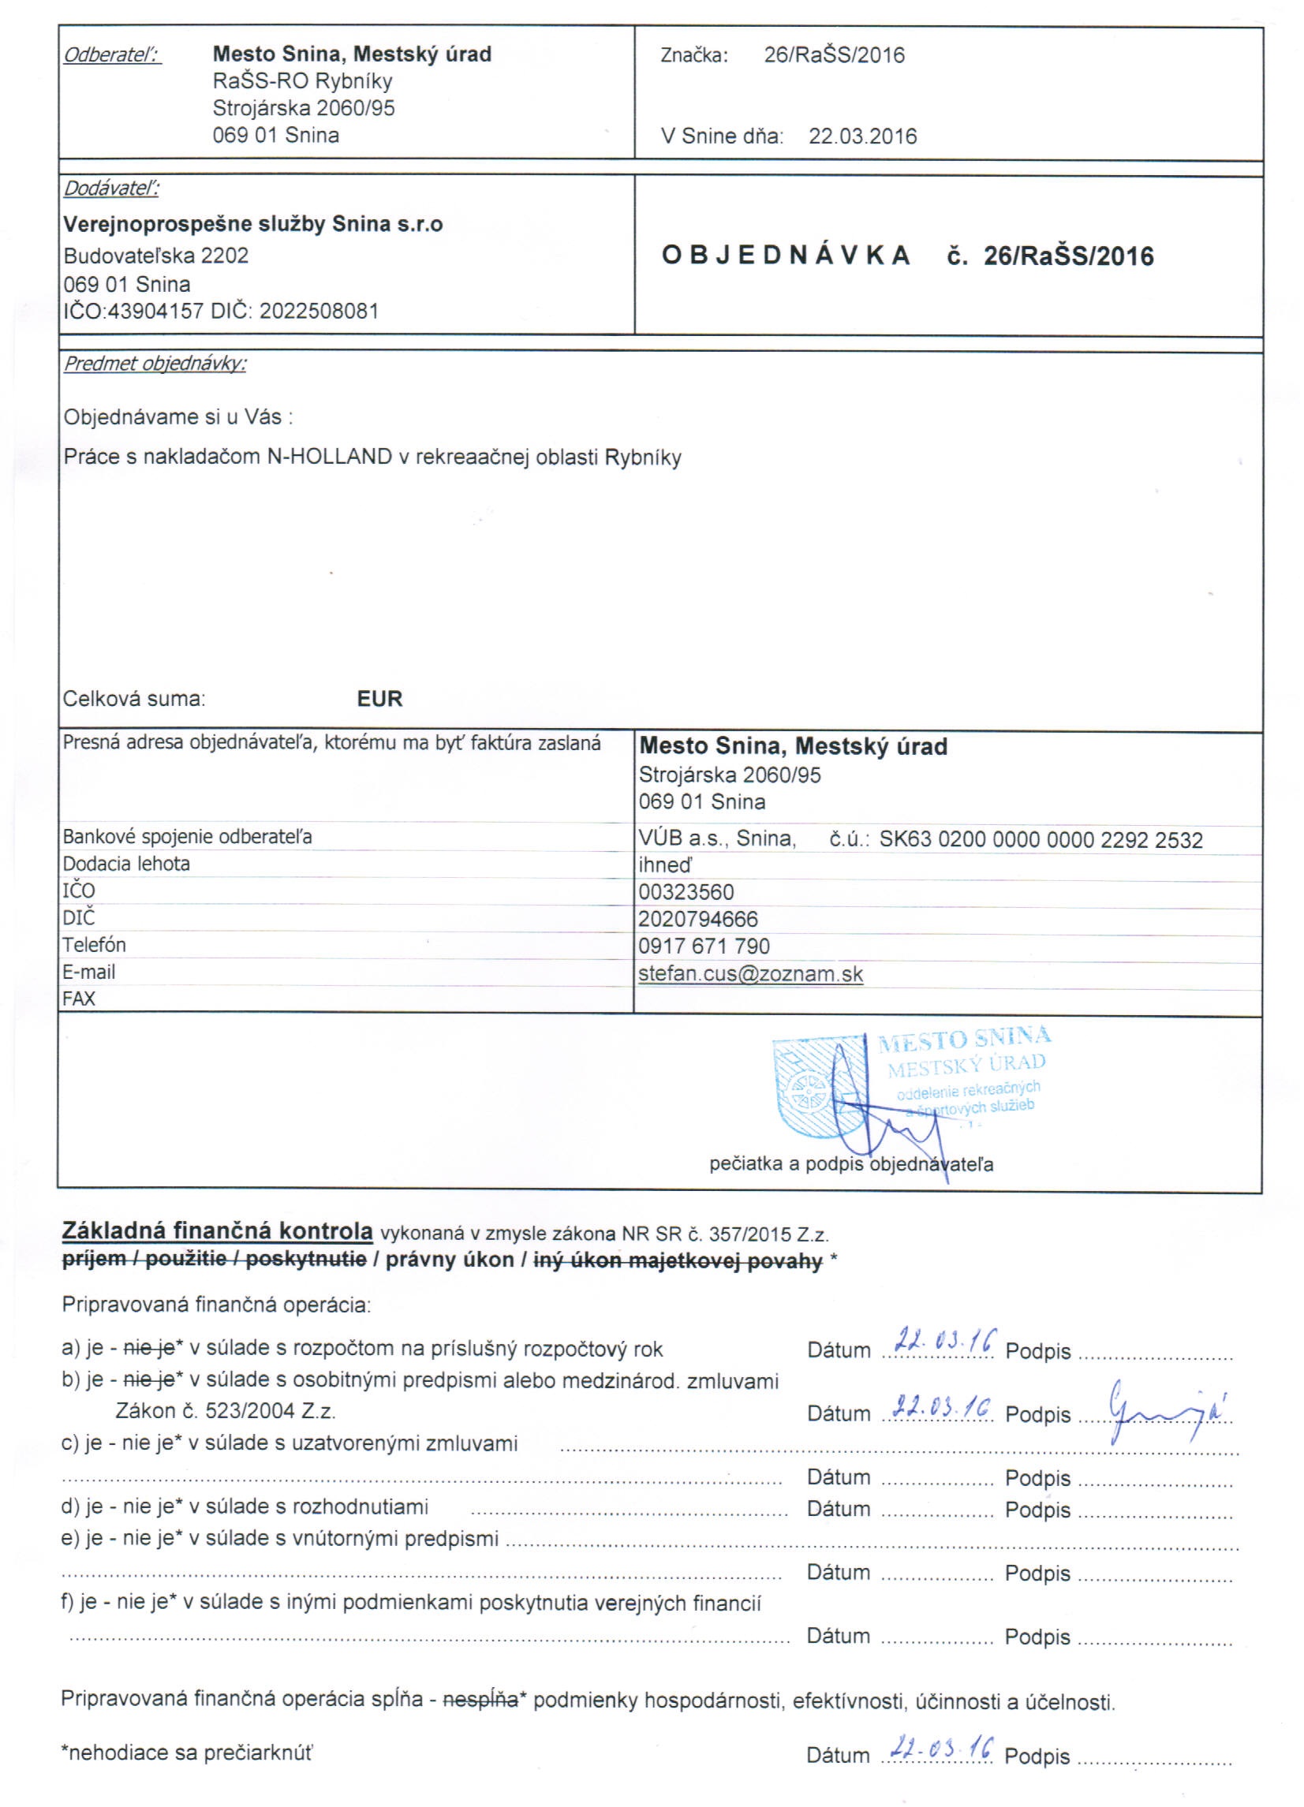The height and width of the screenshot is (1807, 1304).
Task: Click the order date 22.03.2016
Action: (x=862, y=136)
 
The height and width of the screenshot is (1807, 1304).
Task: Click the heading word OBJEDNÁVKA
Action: (x=786, y=256)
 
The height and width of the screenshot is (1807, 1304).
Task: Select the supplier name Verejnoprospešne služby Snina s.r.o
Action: (x=252, y=224)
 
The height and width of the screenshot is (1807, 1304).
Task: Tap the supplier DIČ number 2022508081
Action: (x=319, y=311)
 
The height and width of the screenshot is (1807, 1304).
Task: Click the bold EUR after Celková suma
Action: (x=379, y=699)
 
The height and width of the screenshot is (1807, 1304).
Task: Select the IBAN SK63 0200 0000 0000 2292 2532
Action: (x=1041, y=840)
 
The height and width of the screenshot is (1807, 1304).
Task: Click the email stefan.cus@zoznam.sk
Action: (x=750, y=973)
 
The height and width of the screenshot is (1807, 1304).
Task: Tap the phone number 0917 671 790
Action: (x=704, y=946)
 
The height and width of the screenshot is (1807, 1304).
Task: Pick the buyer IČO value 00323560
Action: (x=686, y=892)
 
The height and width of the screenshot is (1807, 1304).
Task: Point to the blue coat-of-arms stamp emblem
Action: (x=820, y=1087)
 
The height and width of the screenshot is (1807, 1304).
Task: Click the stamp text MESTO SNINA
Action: (x=964, y=1039)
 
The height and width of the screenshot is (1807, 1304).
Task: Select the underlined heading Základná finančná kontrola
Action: (x=217, y=1231)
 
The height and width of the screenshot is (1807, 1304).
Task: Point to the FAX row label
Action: (x=79, y=999)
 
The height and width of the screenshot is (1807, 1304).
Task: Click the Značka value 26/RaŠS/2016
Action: (x=834, y=55)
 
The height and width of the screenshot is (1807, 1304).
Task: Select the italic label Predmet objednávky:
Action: (x=155, y=364)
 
